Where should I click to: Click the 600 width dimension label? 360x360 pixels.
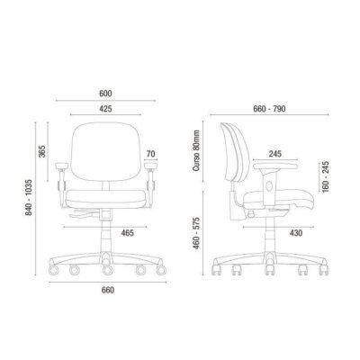(105, 94)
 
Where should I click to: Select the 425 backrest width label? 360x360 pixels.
(105, 109)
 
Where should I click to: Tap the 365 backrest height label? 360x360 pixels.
(42, 151)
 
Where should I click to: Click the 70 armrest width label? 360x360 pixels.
(151, 154)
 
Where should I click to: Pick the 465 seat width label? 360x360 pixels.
(127, 232)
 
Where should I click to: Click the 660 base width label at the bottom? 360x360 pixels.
(108, 290)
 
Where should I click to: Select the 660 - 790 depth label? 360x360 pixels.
(269, 109)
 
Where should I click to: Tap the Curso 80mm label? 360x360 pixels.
(196, 150)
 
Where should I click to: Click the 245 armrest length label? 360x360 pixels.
(275, 154)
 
